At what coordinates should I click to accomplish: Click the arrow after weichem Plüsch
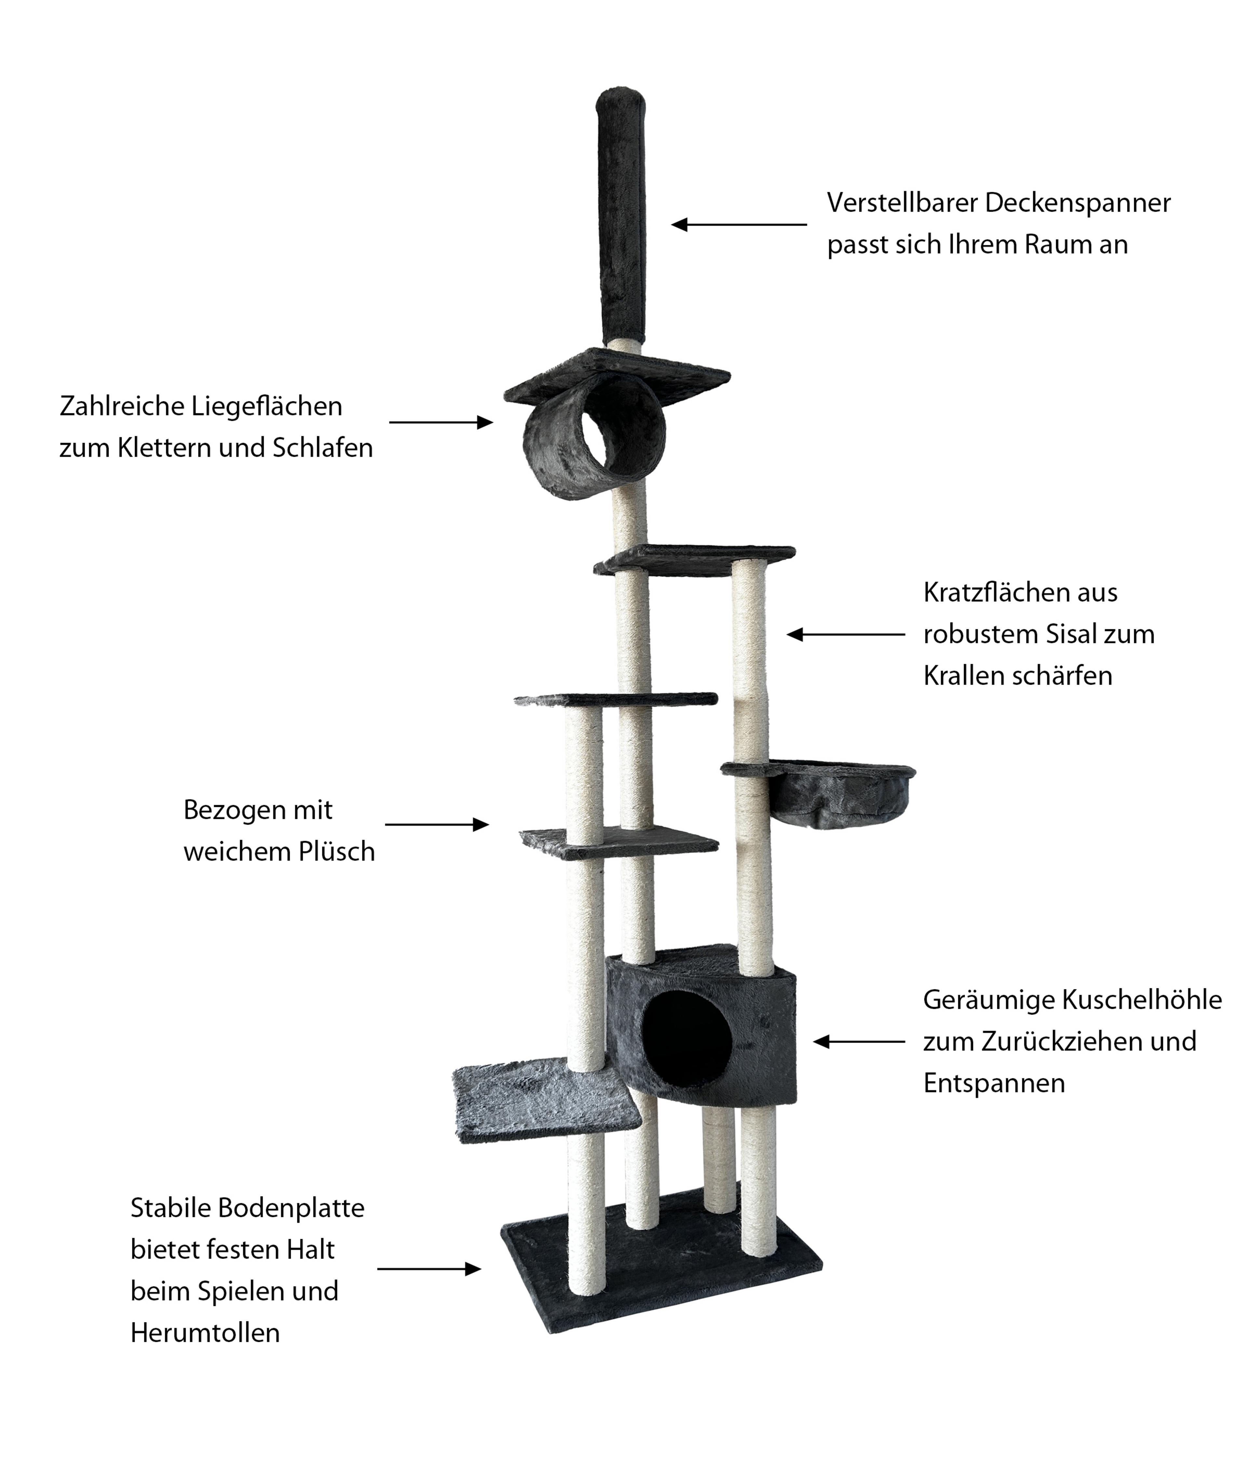tap(436, 824)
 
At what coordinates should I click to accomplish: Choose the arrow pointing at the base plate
tap(429, 1269)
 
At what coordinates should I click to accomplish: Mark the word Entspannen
tap(994, 1083)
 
